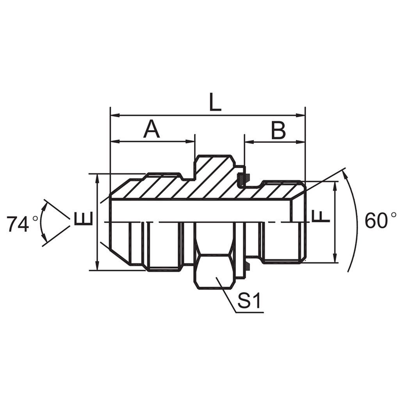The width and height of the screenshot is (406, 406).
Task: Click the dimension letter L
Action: tap(215, 103)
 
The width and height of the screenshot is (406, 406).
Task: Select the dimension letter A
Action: tap(151, 130)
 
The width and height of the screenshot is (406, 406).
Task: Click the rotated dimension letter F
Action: tap(321, 216)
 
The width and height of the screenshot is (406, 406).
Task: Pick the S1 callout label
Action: tap(249, 301)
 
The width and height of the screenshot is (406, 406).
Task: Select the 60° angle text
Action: tap(380, 221)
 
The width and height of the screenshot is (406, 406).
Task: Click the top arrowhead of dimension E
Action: tap(98, 178)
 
